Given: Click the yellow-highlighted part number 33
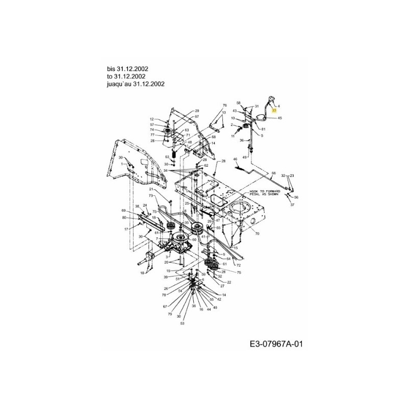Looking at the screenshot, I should click(274, 110).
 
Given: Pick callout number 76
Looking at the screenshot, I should click(223, 106).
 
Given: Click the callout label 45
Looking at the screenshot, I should click(279, 118).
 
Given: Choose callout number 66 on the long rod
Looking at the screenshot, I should click(273, 173).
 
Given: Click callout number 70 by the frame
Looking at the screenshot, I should click(257, 233).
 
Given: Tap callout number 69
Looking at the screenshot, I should click(123, 211).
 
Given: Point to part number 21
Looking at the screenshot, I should click(151, 190).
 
